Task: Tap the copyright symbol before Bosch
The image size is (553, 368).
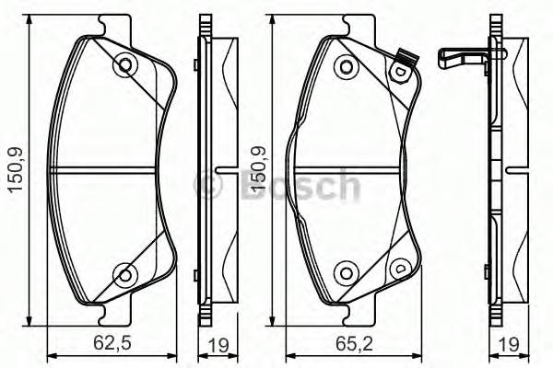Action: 210,186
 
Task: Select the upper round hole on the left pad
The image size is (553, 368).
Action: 124,65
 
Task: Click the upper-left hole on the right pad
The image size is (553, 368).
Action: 346,65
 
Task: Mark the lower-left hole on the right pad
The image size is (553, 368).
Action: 346,271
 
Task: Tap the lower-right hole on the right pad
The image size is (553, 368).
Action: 401,269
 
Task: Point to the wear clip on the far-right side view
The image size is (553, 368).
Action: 461,59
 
